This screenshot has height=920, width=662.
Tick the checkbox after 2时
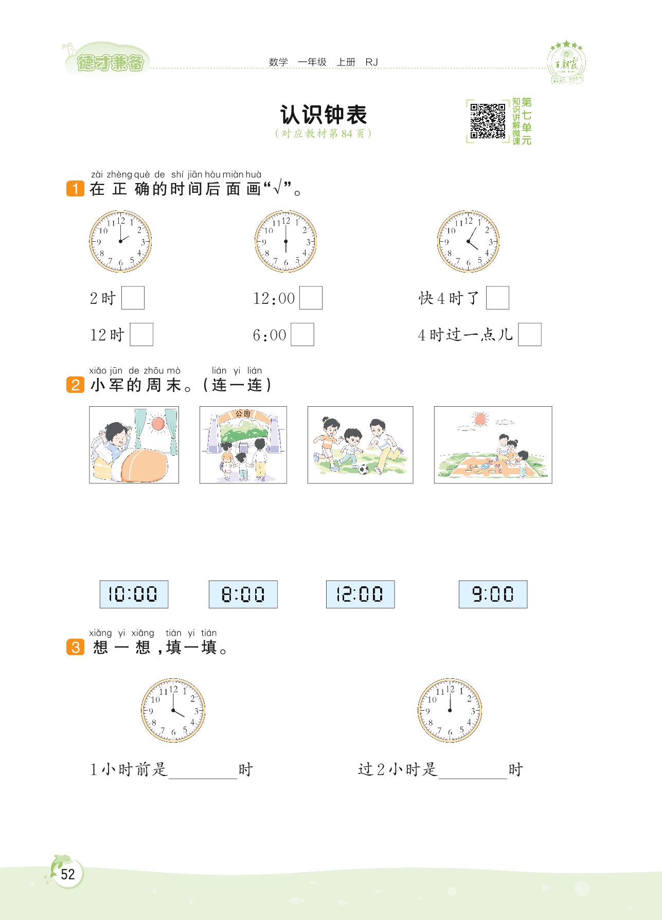133,298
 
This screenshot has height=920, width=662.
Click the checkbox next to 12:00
311,298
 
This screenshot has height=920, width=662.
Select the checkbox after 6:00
302,334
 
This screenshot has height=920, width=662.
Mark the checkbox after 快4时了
497,298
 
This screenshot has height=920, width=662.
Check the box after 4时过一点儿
530,334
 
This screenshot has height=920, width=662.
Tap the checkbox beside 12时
141,334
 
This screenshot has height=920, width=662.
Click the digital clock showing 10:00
134,594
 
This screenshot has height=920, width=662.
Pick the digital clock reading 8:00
243,594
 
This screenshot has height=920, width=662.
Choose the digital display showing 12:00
360,594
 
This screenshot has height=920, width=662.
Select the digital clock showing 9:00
493,594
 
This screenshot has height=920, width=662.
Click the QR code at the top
488,121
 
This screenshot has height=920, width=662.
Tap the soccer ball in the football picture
364,470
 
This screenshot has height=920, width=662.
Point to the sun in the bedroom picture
157,424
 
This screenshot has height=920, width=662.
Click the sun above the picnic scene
480,419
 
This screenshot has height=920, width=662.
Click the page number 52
68,874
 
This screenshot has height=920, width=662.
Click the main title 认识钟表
324,115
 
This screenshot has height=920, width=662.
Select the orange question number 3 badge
75,647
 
